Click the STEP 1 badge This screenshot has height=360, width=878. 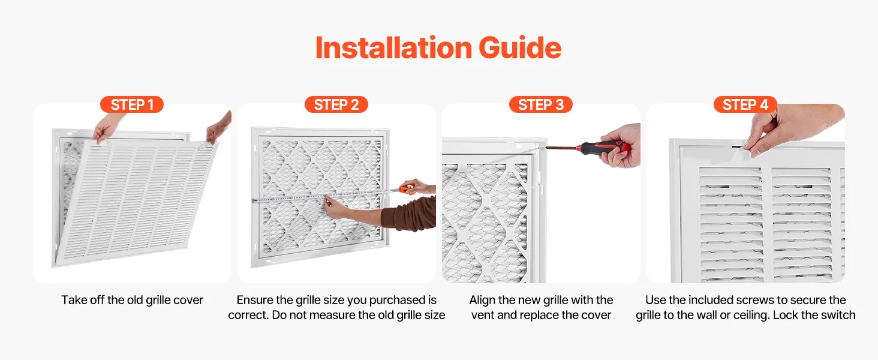point(132,105)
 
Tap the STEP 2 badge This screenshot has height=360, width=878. point(336,105)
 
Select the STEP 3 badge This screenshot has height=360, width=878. point(541,105)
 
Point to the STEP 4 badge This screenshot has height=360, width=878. point(745,105)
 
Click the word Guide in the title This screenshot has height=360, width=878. point(520,48)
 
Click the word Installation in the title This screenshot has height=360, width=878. point(393,48)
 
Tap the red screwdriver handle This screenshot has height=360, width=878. point(603,148)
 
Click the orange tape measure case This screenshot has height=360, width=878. point(407,188)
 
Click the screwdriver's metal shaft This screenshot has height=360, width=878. point(562,148)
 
